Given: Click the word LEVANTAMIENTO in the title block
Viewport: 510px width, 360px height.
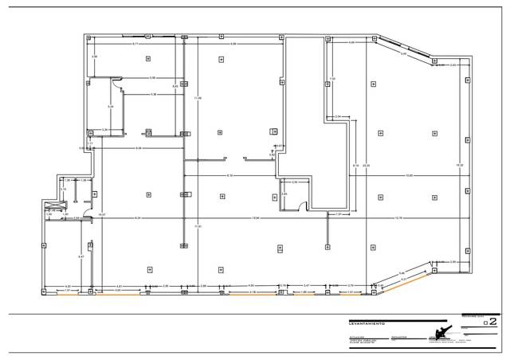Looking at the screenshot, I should [x=366, y=323].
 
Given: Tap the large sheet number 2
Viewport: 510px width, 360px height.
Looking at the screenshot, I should [x=492, y=322].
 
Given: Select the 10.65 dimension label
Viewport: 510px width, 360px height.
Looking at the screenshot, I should [x=409, y=175].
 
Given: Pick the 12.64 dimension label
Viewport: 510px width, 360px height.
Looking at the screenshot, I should [x=255, y=217].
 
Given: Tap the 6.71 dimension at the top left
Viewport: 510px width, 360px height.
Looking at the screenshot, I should [x=135, y=43].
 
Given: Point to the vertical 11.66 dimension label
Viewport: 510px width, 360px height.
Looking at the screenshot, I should [x=198, y=98].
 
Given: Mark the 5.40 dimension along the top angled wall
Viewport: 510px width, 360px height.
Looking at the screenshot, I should [x=404, y=54].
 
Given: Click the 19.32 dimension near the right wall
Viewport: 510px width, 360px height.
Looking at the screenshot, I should [x=460, y=165].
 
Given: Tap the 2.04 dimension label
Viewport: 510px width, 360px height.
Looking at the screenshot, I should [x=338, y=116].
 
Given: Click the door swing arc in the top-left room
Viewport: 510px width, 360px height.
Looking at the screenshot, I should [x=115, y=80].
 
